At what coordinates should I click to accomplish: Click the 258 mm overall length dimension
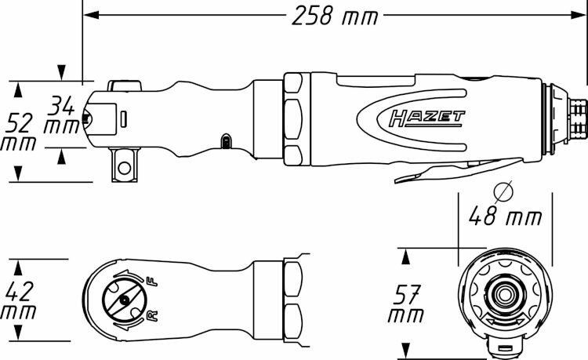pos(335,16)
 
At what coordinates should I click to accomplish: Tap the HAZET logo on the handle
pos(426,118)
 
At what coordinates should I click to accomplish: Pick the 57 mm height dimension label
pos(406,304)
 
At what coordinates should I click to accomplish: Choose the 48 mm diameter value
pos(505,216)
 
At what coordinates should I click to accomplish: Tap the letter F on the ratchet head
pos(153,282)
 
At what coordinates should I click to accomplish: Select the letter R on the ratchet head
pos(153,316)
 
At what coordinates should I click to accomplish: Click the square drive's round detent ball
pos(124,168)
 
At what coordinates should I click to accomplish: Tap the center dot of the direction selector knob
pos(123,300)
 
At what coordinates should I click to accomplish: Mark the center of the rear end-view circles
pos(505,295)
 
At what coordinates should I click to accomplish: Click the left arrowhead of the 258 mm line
pos(91,15)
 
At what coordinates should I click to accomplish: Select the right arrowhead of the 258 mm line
pos(579,15)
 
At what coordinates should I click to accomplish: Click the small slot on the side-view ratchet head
pos(124,118)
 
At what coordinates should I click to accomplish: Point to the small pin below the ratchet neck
pos(225,141)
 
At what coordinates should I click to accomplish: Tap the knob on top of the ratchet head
pos(125,85)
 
